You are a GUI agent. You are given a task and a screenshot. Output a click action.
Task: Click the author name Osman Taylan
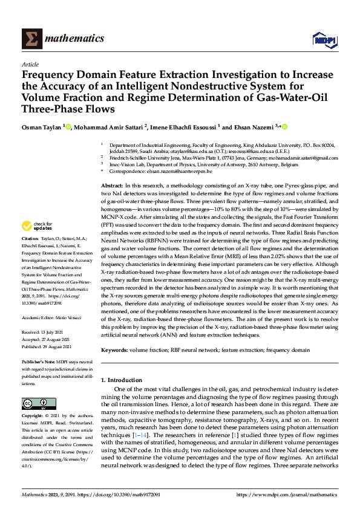pyautogui.click(x=41, y=127)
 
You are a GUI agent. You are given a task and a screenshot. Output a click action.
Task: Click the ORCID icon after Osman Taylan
pyautogui.click(x=68, y=127)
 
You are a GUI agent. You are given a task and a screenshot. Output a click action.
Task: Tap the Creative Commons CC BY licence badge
pyautogui.click(x=35, y=403)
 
